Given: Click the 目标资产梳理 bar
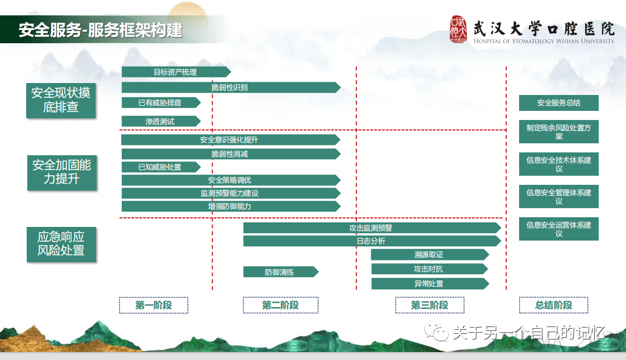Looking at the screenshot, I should (175, 72).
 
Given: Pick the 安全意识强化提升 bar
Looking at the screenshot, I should (230, 139).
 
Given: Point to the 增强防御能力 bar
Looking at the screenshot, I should (230, 206).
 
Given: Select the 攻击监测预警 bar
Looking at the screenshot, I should (371, 228).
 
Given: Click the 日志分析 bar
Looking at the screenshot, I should (371, 241).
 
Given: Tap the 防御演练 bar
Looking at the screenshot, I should (280, 272).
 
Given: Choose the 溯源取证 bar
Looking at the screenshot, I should (429, 255).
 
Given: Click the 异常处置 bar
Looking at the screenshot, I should (429, 283).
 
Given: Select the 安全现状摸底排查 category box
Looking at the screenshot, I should (61, 100).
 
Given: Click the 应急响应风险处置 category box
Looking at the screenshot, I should (61, 244).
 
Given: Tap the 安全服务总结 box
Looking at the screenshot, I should (558, 103).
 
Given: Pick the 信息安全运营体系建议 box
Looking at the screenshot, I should (558, 229).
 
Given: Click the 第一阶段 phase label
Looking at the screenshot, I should (154, 305).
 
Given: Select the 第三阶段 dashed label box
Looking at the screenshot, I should (429, 305).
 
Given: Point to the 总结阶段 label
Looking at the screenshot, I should (553, 305).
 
